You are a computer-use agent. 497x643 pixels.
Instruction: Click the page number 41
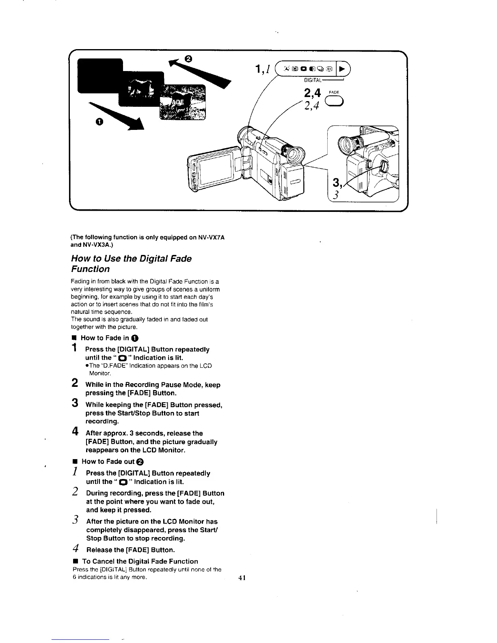pos(243,578)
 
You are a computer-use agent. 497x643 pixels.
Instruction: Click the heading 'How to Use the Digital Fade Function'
pos(131,263)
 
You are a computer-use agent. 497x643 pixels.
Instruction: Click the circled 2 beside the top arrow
pos(188,58)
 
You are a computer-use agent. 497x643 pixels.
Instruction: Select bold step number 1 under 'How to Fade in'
pos(74,348)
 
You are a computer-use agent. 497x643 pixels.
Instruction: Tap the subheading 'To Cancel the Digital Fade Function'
pos(140,561)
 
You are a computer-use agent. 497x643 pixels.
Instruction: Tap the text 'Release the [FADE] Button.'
pos(130,550)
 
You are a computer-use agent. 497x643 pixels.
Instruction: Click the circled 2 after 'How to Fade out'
pos(140,462)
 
